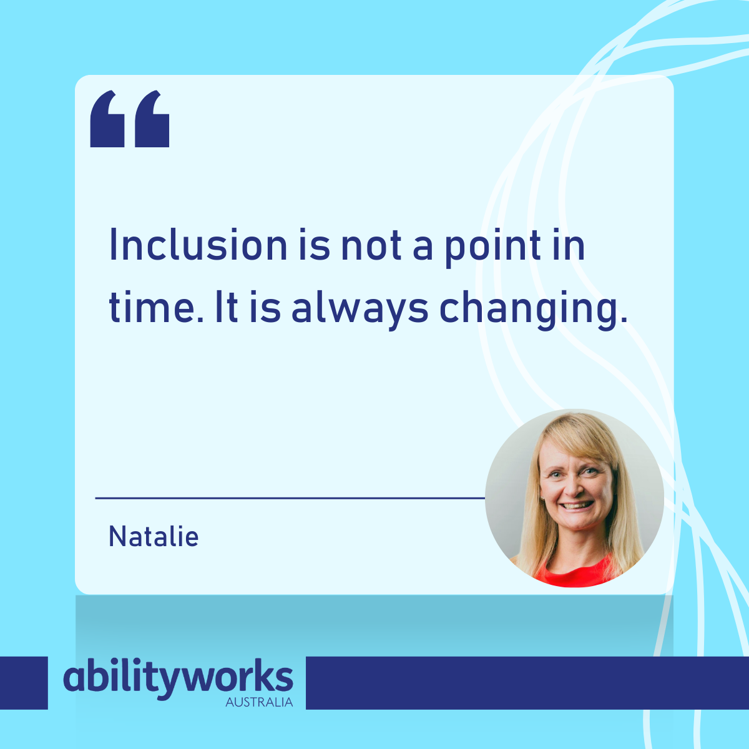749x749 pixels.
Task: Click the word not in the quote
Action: coord(371,245)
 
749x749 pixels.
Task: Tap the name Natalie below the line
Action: coord(154,537)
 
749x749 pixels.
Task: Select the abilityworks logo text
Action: coord(178,678)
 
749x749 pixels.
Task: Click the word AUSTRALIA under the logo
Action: coord(259,702)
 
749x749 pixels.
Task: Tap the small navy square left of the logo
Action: coord(24,683)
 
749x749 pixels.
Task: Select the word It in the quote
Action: coord(226,308)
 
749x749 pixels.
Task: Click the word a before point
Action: coord(423,247)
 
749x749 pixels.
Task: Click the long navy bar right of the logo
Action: coord(527,683)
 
